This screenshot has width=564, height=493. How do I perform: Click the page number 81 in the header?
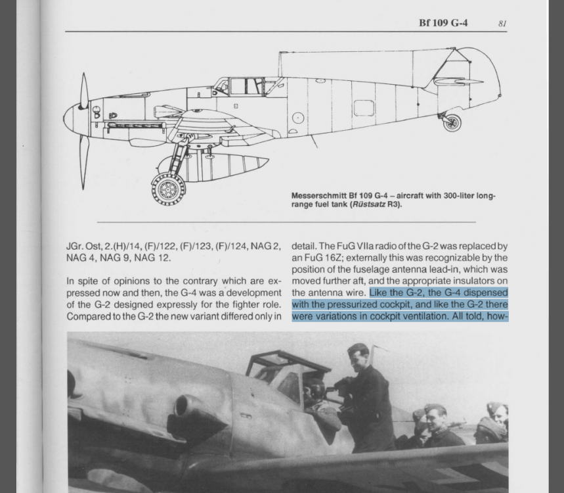point(502,23)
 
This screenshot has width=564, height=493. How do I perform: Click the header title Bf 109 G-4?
point(443,23)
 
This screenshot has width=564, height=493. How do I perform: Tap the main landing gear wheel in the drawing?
point(169,189)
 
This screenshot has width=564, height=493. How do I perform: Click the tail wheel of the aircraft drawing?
point(452,122)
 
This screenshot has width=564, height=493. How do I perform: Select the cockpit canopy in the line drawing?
point(246,86)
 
